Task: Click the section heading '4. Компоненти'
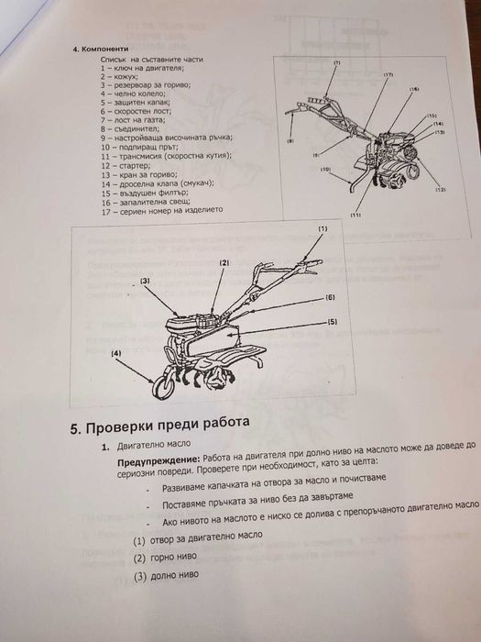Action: pos(100,47)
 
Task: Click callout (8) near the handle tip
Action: pos(290,141)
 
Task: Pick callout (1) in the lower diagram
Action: pos(322,227)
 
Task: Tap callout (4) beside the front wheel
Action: pos(115,352)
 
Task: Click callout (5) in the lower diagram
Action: pos(332,322)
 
